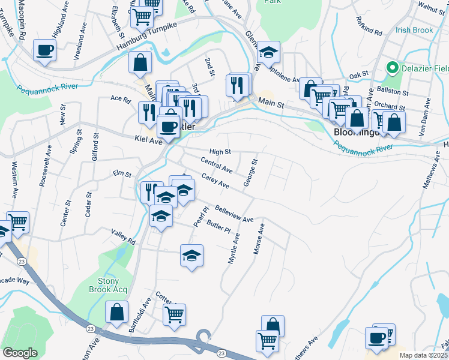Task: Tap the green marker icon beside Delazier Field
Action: tap(393, 67)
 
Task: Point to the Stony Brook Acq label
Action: tap(113, 286)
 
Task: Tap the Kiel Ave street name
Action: tap(148, 141)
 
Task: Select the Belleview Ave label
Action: tap(234, 215)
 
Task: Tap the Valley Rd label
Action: tap(123, 236)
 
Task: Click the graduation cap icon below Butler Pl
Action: tap(192, 255)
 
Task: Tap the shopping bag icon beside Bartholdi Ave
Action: tap(116, 312)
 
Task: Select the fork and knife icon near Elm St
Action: tap(151, 191)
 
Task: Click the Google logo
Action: tap(20, 353)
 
